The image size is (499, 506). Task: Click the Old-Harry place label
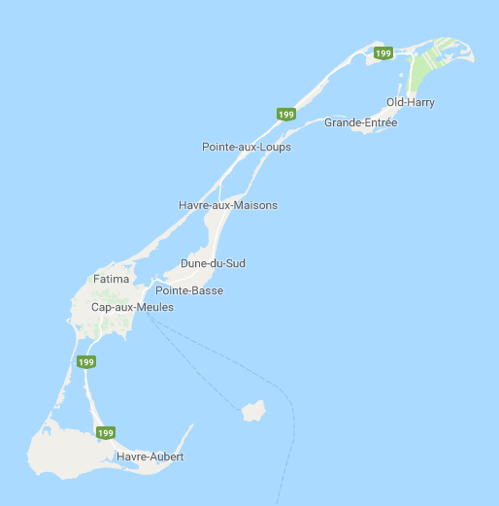tap(411, 102)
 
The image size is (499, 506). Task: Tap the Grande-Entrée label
tap(360, 122)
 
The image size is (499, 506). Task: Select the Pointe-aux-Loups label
tap(246, 147)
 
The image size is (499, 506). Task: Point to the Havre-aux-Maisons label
tap(228, 205)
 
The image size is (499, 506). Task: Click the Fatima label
tap(111, 279)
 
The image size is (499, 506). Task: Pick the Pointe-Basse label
tap(188, 290)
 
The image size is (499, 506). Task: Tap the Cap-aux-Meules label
tap(132, 307)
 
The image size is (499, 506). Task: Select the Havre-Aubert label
tap(150, 455)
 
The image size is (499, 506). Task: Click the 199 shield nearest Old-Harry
tap(383, 53)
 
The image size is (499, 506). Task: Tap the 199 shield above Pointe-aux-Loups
tap(285, 114)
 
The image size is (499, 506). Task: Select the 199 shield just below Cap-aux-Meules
tap(86, 362)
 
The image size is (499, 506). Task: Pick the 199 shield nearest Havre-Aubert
tap(106, 432)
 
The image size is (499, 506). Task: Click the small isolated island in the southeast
tap(253, 411)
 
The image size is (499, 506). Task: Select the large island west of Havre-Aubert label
tap(63, 452)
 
